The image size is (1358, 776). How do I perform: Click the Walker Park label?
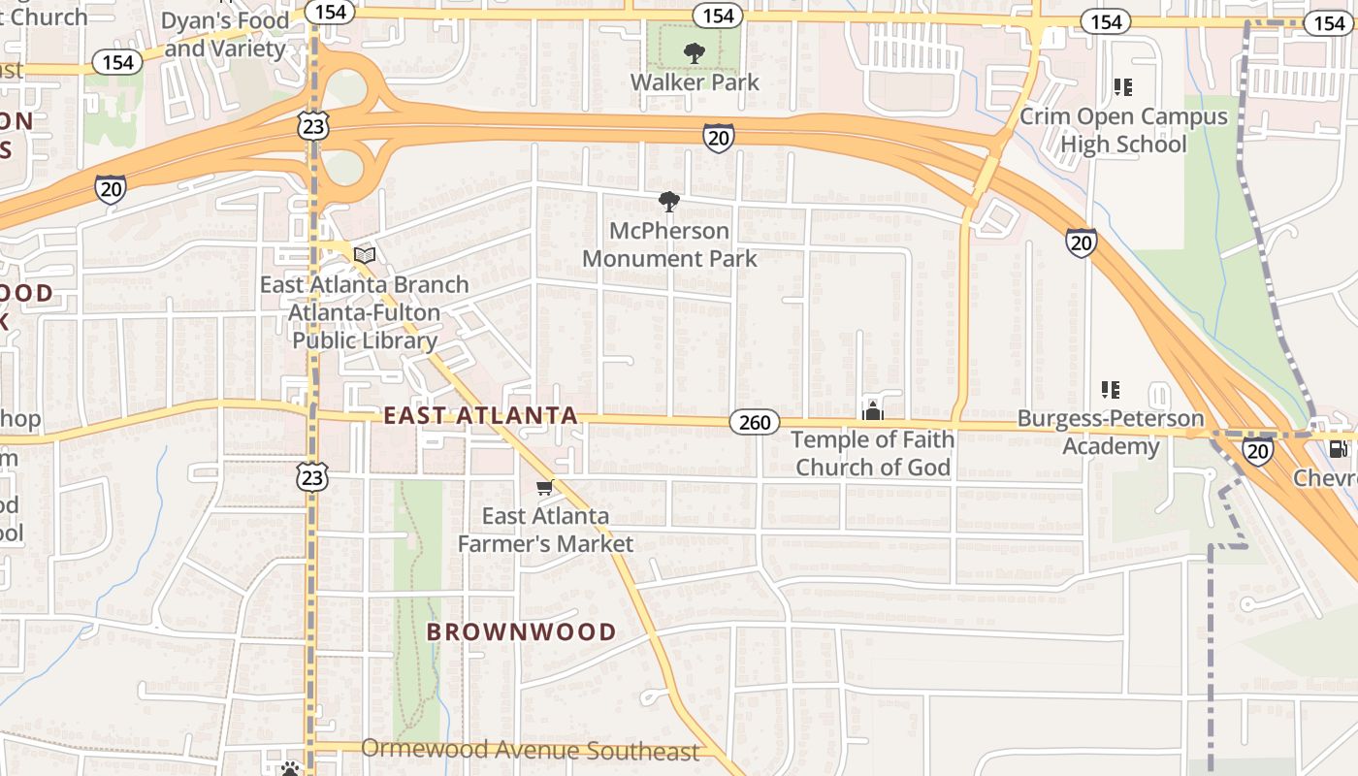click(695, 81)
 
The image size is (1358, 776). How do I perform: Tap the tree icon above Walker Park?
click(695, 53)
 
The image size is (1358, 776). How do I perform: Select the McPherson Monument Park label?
click(669, 244)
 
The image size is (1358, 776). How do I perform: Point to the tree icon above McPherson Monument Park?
click(668, 202)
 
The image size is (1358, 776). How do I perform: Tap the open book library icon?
click(365, 255)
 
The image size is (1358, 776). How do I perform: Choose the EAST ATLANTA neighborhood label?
click(481, 416)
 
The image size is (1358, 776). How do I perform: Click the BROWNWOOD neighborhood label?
click(522, 632)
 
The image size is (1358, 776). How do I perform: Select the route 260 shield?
click(755, 422)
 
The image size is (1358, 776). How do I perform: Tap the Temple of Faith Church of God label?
click(873, 453)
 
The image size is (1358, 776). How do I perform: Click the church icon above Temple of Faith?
click(873, 411)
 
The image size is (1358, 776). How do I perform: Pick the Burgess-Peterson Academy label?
click(1111, 433)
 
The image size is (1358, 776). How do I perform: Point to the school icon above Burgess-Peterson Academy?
click(1111, 390)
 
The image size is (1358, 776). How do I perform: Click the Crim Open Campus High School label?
click(1123, 131)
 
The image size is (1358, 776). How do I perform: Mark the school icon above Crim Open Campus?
click(1123, 88)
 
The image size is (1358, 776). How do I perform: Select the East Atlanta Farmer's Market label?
click(545, 530)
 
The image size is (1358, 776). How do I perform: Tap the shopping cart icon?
click(545, 488)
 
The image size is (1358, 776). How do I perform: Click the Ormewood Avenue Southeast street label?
click(530, 751)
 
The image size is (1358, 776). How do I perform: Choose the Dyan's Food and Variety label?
click(225, 35)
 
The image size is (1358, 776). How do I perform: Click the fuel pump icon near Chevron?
click(1339, 448)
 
